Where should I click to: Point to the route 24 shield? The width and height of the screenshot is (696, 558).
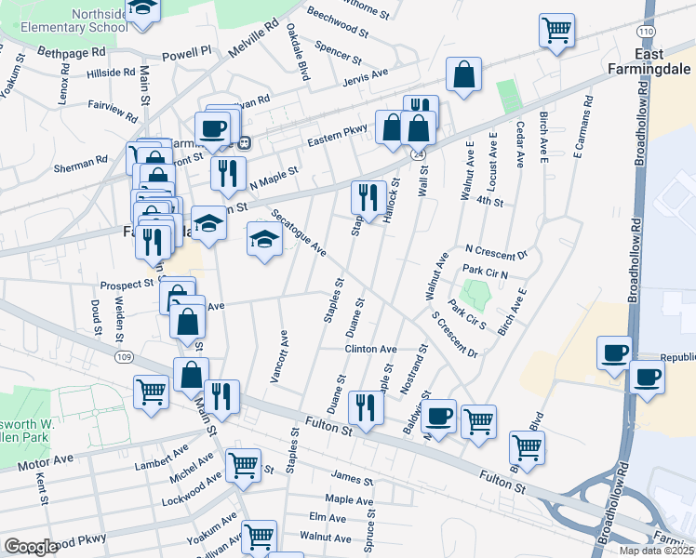point(420,153)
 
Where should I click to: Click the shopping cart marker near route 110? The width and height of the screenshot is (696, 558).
point(556,30)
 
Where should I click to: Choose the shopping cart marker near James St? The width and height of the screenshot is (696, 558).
point(243,463)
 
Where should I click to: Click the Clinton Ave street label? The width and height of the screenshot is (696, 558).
point(371,350)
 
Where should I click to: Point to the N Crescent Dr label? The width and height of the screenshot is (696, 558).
point(496,251)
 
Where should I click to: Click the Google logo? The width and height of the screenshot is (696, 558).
point(31,547)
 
